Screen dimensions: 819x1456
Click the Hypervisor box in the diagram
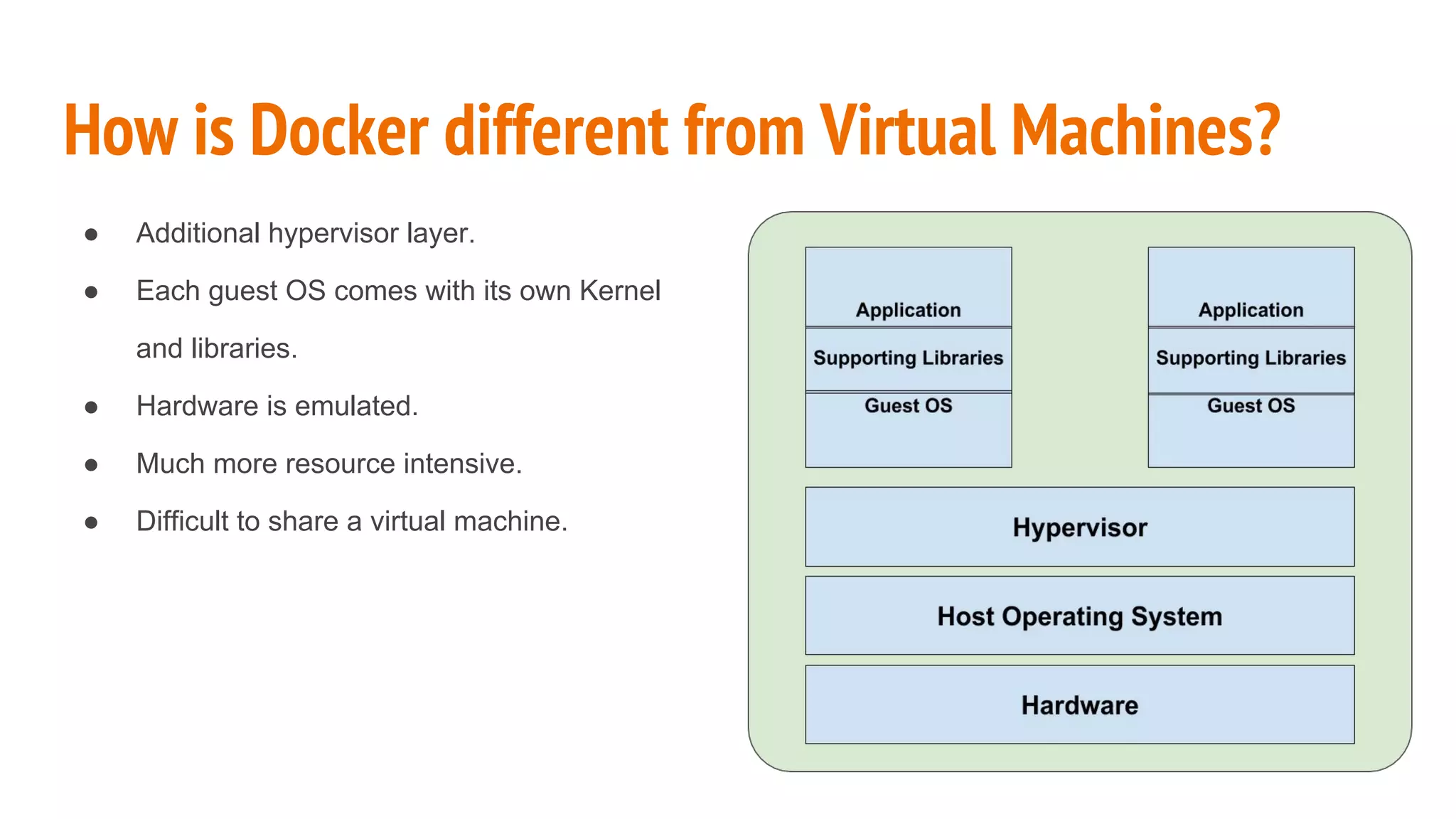point(1079,528)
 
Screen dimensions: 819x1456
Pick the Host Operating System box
point(1079,616)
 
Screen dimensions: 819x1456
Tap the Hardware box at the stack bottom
point(1079,705)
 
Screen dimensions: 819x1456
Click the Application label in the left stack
point(908,310)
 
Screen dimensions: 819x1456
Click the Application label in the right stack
point(1251,310)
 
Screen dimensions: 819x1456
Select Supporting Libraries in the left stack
point(908,358)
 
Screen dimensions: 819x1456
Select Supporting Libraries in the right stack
point(1251,358)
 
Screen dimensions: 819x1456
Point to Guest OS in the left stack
point(908,406)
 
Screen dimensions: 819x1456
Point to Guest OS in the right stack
point(1251,406)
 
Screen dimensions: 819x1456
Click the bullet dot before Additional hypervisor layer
point(91,235)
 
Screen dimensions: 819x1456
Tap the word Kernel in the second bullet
point(620,291)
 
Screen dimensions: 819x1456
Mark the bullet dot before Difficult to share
point(91,523)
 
